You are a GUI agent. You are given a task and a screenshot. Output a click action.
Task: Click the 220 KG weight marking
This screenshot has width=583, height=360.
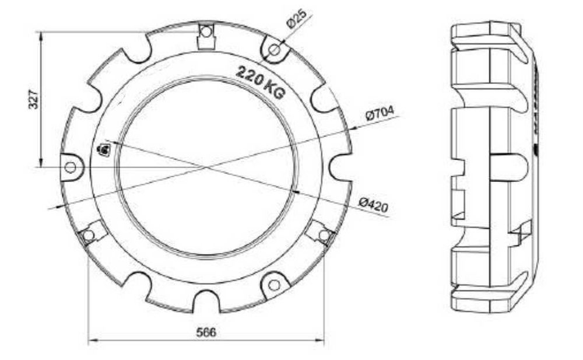coord(260,82)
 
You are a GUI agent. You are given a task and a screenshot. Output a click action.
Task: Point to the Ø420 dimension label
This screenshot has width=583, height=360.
coord(374,204)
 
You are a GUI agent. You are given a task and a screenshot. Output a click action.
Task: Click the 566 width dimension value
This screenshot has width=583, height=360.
coord(206,332)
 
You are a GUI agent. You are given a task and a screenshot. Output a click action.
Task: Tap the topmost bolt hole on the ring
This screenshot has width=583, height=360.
coord(205,32)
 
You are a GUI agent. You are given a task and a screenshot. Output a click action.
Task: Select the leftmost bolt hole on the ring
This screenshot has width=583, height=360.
coord(71,167)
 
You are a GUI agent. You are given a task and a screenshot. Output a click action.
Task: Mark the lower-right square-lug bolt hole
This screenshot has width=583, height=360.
coord(324,235)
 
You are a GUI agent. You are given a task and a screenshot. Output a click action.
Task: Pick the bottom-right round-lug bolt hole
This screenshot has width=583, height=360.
coord(274,285)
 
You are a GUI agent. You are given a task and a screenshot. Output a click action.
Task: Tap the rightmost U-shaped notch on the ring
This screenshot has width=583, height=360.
coord(341,167)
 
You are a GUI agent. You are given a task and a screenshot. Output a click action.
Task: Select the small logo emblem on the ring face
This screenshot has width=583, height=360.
coord(104,150)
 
